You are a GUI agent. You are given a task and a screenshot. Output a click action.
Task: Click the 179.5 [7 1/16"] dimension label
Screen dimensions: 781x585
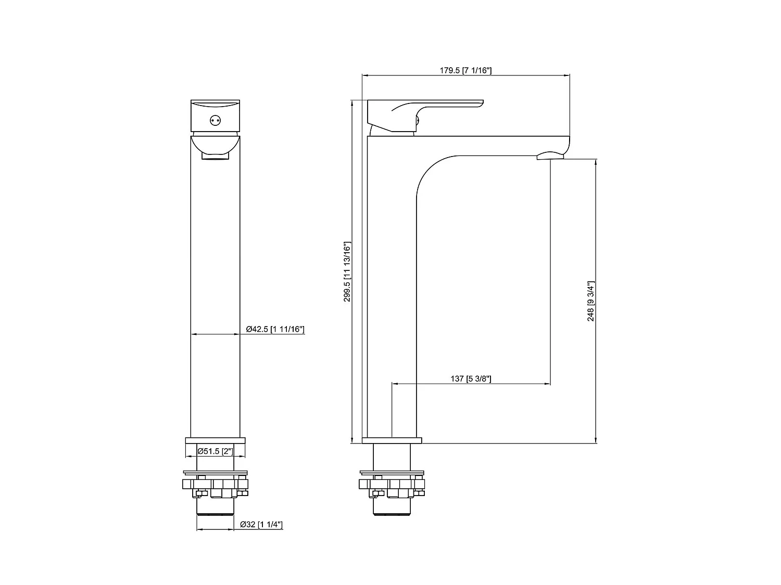tap(465, 70)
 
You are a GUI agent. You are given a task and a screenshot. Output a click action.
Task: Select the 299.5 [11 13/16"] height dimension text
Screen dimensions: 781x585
tap(347, 272)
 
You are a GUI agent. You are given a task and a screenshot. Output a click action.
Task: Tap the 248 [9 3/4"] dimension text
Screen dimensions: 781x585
tap(590, 301)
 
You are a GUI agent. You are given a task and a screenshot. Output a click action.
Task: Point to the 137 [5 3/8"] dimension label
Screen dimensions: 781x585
tap(471, 379)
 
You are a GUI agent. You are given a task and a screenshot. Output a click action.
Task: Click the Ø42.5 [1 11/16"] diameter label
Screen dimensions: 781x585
tap(275, 329)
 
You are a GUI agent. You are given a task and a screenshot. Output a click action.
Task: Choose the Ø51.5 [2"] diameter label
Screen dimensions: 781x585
tap(215, 451)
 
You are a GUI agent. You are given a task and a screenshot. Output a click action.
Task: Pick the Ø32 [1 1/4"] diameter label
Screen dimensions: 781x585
tap(261, 525)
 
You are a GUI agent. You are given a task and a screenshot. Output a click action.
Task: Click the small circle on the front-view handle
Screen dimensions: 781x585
tap(215, 121)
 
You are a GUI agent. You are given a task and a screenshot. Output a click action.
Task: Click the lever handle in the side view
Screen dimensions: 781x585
tap(425, 115)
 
